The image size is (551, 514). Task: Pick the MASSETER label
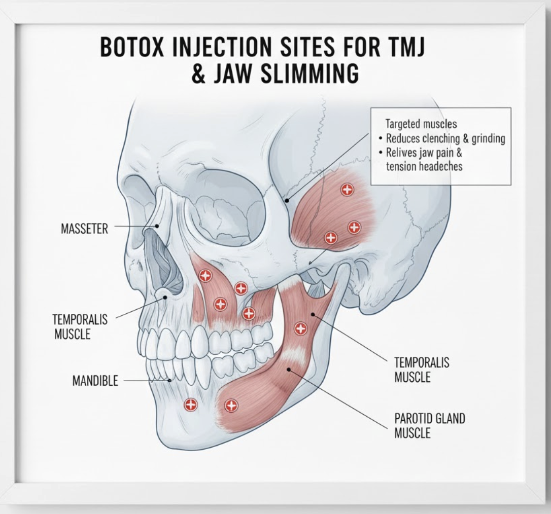click(x=84, y=229)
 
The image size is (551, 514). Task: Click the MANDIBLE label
click(x=95, y=381)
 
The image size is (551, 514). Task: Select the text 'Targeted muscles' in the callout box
click(x=421, y=124)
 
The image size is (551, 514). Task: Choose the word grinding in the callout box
click(x=488, y=138)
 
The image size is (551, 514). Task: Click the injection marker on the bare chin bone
click(x=191, y=405)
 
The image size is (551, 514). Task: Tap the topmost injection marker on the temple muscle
click(x=347, y=190)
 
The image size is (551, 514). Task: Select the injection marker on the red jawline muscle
click(x=231, y=405)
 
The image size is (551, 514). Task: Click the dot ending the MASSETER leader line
click(x=157, y=227)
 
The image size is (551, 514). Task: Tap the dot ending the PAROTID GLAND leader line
click(x=289, y=370)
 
